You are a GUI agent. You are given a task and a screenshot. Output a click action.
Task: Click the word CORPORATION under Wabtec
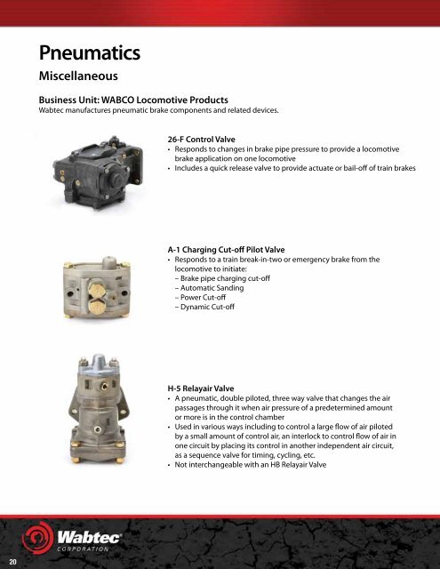(94, 549)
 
